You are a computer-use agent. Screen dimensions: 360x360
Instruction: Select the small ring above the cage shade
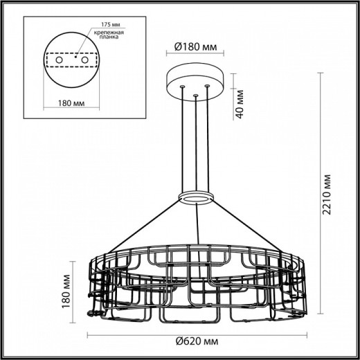coord(197,197)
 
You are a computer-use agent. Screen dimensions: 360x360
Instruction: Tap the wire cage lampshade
coord(196,284)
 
